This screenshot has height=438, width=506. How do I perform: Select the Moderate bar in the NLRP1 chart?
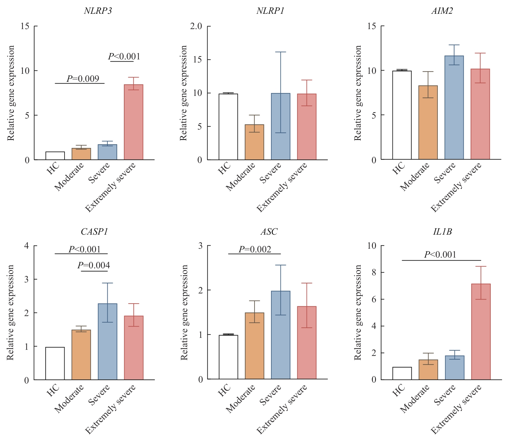pos(255,142)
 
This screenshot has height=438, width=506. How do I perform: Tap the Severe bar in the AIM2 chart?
pos(454,108)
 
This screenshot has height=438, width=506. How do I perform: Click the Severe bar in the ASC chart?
pos(281,335)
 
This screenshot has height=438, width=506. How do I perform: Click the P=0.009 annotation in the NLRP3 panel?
pos(83,79)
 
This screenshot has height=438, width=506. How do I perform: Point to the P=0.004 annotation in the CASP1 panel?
pos(94,266)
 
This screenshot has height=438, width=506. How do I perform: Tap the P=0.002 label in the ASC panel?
pos(255,250)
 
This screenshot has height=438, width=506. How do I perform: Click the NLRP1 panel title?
pos(270,11)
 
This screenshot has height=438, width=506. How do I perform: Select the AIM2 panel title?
pos(442,11)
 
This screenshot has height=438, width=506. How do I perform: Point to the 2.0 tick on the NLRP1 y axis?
pos(196,26)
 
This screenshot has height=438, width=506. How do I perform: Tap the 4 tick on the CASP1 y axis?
pos(27,246)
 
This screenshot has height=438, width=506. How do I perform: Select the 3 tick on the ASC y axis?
pos(200,246)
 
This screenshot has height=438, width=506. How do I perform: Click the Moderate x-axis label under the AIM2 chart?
pos(415,177)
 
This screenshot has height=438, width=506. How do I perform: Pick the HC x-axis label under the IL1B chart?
pos(399,390)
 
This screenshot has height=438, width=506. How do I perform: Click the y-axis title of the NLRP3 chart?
pos(11,93)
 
